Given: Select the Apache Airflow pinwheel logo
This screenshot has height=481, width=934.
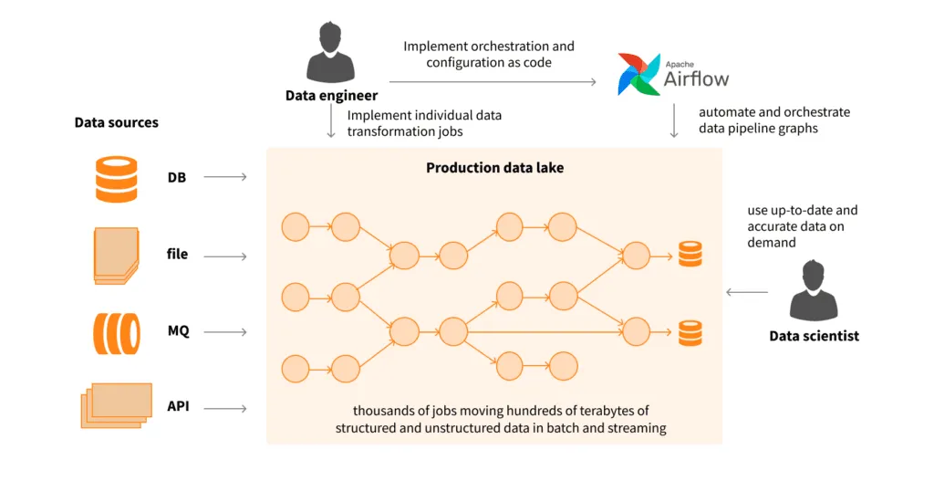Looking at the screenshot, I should pos(638,74).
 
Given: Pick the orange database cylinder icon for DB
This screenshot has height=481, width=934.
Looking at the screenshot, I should pos(117,178).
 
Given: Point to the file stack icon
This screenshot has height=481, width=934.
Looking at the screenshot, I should pos(117,255).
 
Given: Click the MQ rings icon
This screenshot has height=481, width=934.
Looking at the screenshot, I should pos(117,332).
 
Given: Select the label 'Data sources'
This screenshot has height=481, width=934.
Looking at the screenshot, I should pos(116,122).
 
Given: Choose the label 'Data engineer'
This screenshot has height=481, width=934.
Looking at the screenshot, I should pos(331,95).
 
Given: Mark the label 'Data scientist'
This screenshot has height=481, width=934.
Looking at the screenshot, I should pos(814,336).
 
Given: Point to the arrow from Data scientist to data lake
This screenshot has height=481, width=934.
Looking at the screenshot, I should pos(747,292).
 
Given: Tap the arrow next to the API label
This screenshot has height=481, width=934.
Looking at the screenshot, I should pos(225,408).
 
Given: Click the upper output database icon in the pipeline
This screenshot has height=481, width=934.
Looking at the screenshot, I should pos(690,255).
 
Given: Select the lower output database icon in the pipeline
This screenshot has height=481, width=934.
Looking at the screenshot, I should pos(690,332).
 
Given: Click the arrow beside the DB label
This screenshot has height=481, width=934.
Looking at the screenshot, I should pos(225,177).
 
